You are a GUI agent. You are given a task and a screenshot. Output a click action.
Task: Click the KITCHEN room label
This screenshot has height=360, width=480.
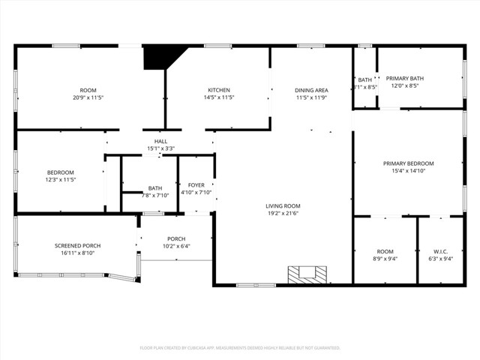click(219, 90)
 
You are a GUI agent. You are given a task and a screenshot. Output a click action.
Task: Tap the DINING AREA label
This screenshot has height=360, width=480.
click(311, 90)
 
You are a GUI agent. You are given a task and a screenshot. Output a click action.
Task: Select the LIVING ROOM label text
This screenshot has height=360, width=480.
click(283, 205)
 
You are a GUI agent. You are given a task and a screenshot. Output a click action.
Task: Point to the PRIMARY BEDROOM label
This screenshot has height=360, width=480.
click(408, 163)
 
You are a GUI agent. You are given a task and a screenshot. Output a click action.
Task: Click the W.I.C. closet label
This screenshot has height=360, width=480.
click(440, 251)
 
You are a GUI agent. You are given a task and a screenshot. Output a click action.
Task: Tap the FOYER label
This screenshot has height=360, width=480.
click(196, 184)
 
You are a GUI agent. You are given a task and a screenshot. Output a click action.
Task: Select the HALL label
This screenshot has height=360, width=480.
click(160, 141)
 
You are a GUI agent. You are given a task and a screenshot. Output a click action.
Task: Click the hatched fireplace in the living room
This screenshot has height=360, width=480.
click(307, 275)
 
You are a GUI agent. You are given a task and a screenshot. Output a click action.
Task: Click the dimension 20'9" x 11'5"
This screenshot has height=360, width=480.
click(88, 97)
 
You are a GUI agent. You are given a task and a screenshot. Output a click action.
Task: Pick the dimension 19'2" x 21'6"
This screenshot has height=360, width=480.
click(283, 214)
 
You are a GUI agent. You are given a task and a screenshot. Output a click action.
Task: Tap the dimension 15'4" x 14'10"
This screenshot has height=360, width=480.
click(408, 171)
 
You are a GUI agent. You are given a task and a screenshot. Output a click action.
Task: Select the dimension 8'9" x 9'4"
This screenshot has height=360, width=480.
click(385, 259)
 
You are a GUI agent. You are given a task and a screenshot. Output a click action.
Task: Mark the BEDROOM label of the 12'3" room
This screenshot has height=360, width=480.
click(61, 172)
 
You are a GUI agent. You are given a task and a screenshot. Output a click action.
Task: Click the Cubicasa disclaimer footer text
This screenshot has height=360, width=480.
click(240, 348)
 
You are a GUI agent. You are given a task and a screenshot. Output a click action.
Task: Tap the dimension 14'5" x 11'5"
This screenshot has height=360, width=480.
click(219, 97)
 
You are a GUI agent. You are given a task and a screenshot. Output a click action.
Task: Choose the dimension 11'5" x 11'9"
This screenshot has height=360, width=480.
click(311, 97)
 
